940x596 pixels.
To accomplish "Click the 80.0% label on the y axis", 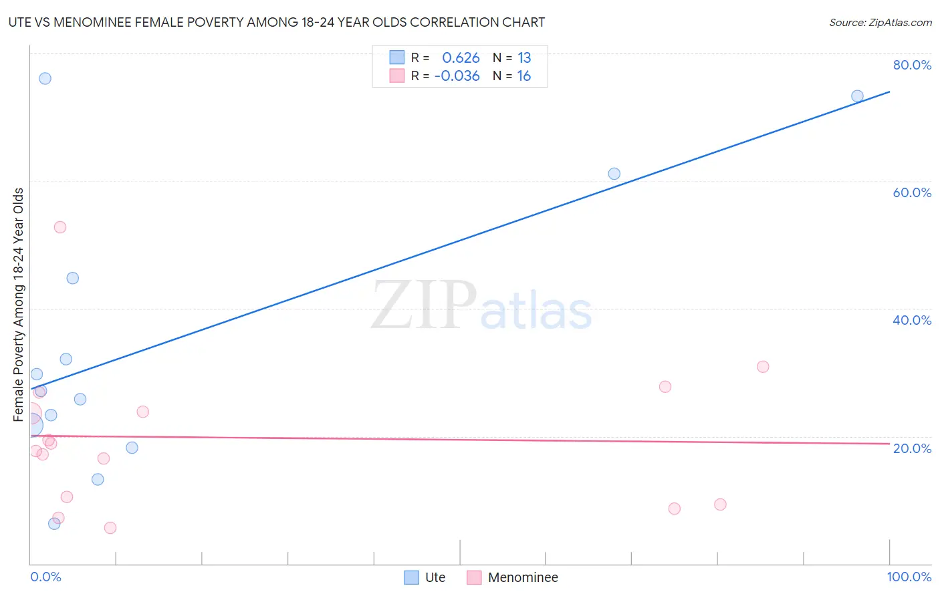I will (x=912, y=65).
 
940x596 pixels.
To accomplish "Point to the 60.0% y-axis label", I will (x=912, y=192).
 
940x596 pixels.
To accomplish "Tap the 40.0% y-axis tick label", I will (x=912, y=320).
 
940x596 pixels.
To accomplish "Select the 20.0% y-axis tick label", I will (x=912, y=448).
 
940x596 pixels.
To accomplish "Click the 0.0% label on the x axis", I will (x=45, y=577).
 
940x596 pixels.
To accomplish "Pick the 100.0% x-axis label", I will (x=909, y=577).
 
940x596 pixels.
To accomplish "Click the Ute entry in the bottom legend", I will (x=435, y=577).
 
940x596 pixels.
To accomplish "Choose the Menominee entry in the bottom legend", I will (x=522, y=577).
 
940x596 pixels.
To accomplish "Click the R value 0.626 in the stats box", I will (x=461, y=58).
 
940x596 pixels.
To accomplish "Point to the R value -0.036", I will (x=457, y=76).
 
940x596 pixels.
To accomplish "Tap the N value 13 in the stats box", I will (x=524, y=58).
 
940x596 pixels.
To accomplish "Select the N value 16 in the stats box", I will (x=524, y=76).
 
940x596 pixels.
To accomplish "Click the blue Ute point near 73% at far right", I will (x=857, y=96).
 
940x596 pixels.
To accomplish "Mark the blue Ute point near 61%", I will (x=614, y=174).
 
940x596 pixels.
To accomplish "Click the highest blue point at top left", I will (x=45, y=78).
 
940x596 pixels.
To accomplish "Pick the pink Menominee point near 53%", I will (x=60, y=227).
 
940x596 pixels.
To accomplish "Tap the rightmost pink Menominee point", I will (x=763, y=367).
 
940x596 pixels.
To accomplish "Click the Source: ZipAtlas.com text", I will (x=880, y=23).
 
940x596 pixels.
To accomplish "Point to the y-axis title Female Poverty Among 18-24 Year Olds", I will (x=19, y=305).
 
